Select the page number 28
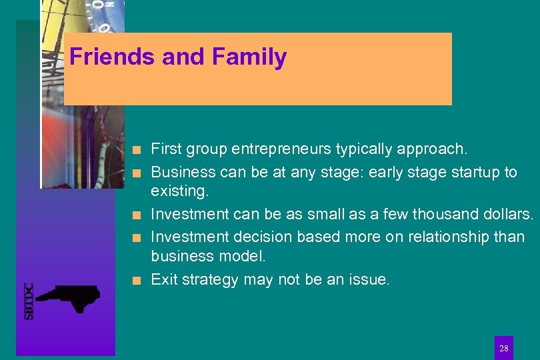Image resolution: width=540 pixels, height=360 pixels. pos(503,349)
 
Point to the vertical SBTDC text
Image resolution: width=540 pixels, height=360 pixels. pos(29,301)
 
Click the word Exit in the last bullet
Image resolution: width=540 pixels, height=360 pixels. pos(164,280)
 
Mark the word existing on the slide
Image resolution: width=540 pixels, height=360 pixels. pos(179,192)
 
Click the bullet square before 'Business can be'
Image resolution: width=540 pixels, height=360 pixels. pos(136,173)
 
